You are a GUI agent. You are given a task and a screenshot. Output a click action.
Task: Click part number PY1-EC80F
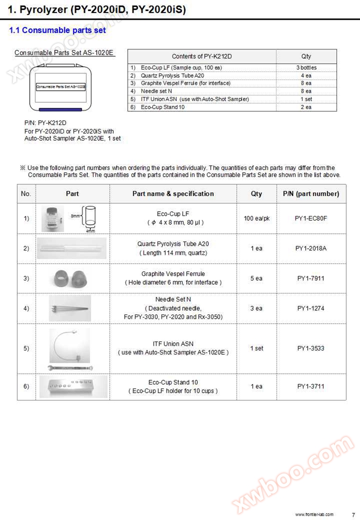pos(311,218)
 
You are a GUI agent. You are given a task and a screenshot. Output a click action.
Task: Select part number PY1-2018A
pos(311,248)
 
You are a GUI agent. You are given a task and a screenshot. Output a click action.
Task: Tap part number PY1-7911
pos(311,278)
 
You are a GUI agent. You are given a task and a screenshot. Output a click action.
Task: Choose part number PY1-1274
pos(311,308)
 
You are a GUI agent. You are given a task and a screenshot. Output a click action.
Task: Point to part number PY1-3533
pos(311,348)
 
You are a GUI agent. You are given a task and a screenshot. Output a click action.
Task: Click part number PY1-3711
pos(311,386)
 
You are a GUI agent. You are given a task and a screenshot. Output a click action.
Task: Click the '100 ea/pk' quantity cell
pos(256,218)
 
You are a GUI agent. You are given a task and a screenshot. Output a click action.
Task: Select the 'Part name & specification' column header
pos(173,193)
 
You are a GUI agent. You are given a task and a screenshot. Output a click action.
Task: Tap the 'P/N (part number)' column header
pos(311,193)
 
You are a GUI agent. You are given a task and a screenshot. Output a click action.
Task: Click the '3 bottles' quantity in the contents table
pos(306,68)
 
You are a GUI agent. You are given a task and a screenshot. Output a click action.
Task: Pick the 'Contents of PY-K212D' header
pos(202,56)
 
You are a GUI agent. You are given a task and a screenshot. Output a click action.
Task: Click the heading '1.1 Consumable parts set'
pos(58,30)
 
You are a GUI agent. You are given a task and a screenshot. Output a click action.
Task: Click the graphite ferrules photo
pos(72,278)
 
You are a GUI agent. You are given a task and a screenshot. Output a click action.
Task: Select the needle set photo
pos(70,308)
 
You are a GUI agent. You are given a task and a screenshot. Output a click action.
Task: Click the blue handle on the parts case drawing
pos(60,109)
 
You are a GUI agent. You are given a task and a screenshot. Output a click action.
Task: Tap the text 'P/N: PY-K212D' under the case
pos(45,123)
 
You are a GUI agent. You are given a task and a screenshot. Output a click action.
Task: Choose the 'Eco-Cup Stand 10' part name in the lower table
pos(173,382)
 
